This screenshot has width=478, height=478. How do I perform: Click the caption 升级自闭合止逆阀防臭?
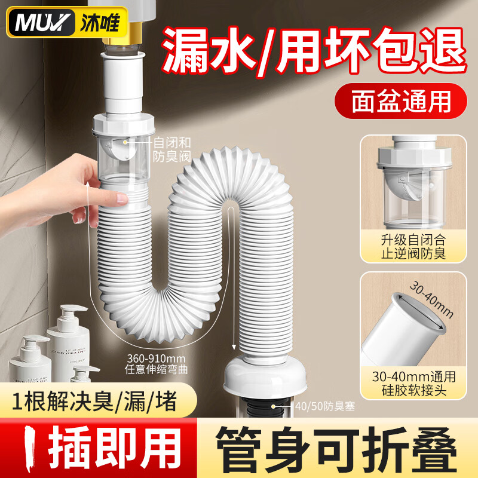click(413, 247)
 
